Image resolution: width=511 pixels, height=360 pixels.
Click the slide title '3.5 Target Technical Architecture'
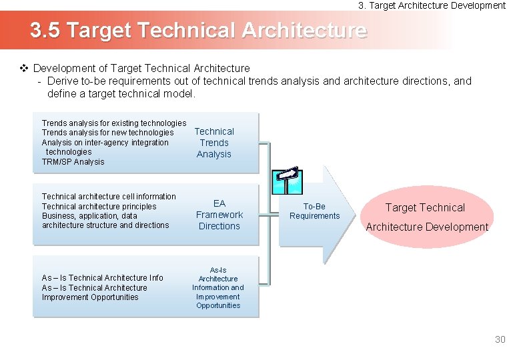coord(197,31)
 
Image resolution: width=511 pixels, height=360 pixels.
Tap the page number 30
coord(500,340)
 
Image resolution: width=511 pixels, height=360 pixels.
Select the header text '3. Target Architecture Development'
coord(432,5)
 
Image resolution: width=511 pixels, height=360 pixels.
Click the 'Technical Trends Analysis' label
coord(214,143)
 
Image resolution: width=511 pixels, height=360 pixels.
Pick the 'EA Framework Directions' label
coord(219,215)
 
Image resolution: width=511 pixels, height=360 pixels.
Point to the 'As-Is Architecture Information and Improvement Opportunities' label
coord(218,287)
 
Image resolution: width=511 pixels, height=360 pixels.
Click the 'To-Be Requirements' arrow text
coord(314,211)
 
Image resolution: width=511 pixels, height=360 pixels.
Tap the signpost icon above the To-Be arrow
coord(288,177)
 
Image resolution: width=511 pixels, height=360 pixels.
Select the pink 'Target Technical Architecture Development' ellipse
coord(426,217)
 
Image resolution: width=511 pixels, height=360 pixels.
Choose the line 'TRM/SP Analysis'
coord(73,162)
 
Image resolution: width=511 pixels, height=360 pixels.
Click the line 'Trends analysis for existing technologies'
coord(113,123)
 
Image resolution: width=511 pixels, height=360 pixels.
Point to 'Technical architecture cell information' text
coord(109,197)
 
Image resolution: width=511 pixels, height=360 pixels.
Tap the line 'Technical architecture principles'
coord(99,207)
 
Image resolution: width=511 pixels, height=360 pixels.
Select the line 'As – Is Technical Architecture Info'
coord(102,278)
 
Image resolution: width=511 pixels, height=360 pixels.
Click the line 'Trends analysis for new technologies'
coord(107,133)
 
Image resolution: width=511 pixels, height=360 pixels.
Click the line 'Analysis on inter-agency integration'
coord(105,143)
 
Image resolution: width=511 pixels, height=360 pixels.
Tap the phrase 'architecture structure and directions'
coord(105,225)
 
